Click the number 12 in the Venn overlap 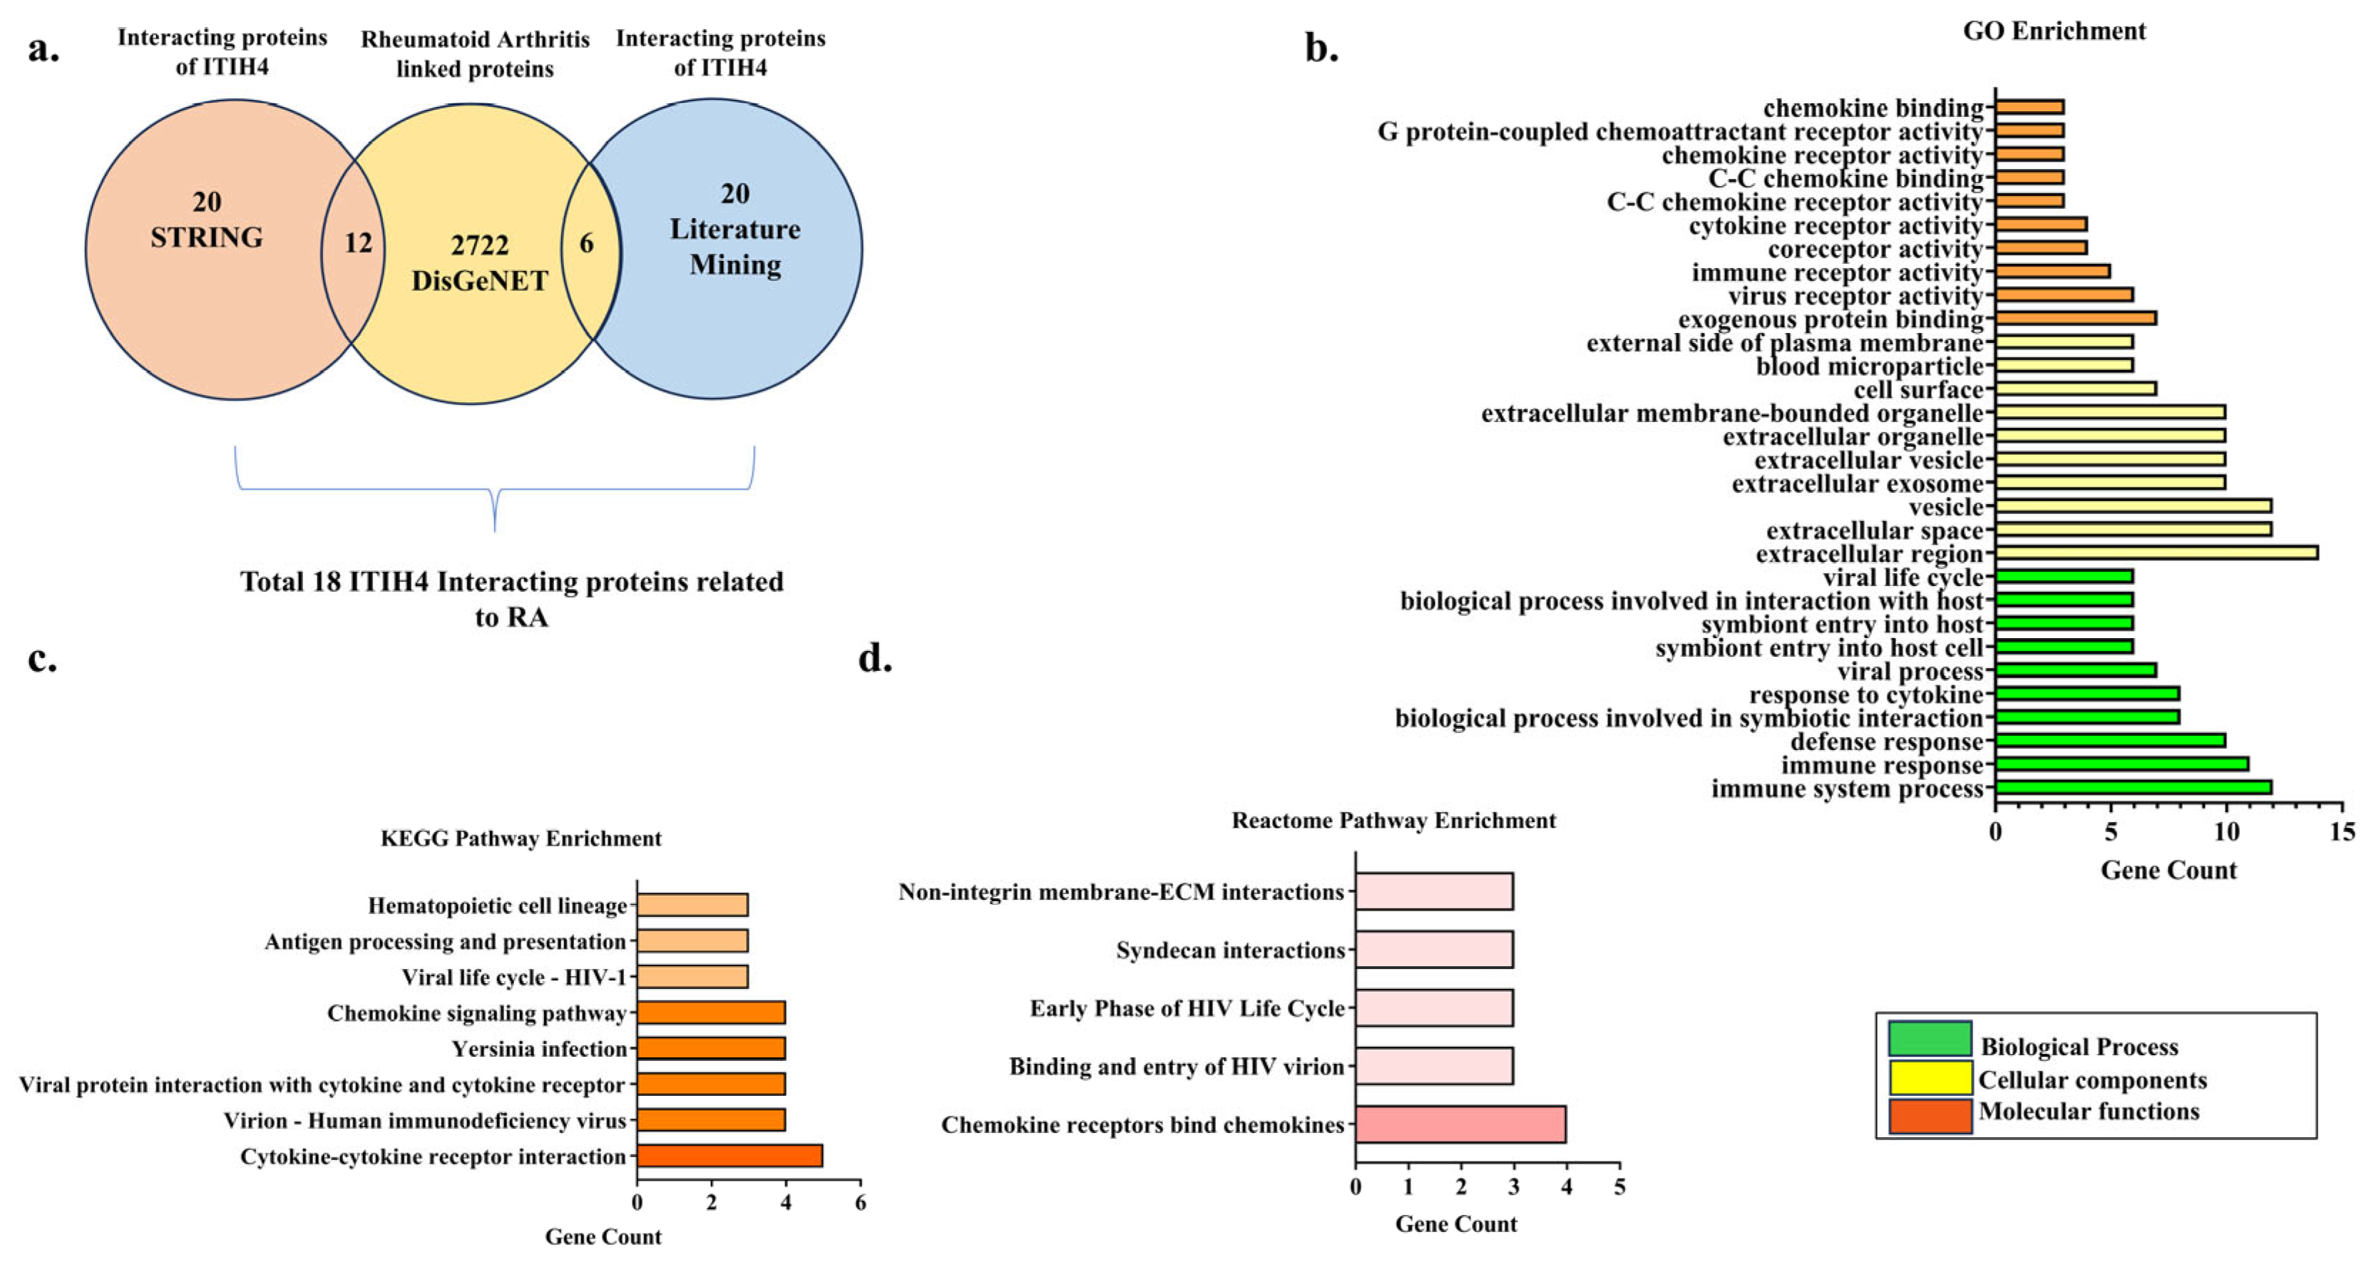coord(358,243)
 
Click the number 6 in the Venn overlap coord(586,243)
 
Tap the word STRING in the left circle coord(206,237)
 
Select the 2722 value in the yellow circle coord(479,245)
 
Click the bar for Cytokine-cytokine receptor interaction coord(730,1156)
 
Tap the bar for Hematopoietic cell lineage coord(692,905)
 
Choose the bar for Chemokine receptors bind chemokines coord(1460,1124)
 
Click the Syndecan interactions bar coord(1434,949)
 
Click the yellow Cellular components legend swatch coord(1929,1078)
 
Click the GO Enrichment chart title coord(2054,31)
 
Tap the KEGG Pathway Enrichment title coord(521,838)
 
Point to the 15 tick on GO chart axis coord(2342,832)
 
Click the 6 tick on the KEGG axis coord(860,1202)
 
